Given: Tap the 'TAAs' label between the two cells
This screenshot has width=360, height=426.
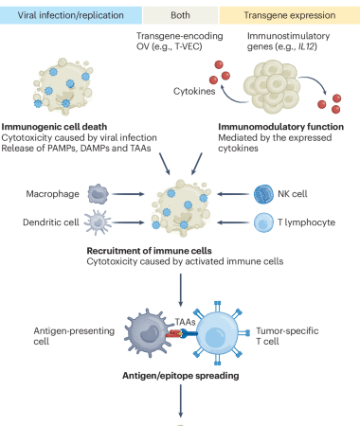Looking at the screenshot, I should pos(180,321).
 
